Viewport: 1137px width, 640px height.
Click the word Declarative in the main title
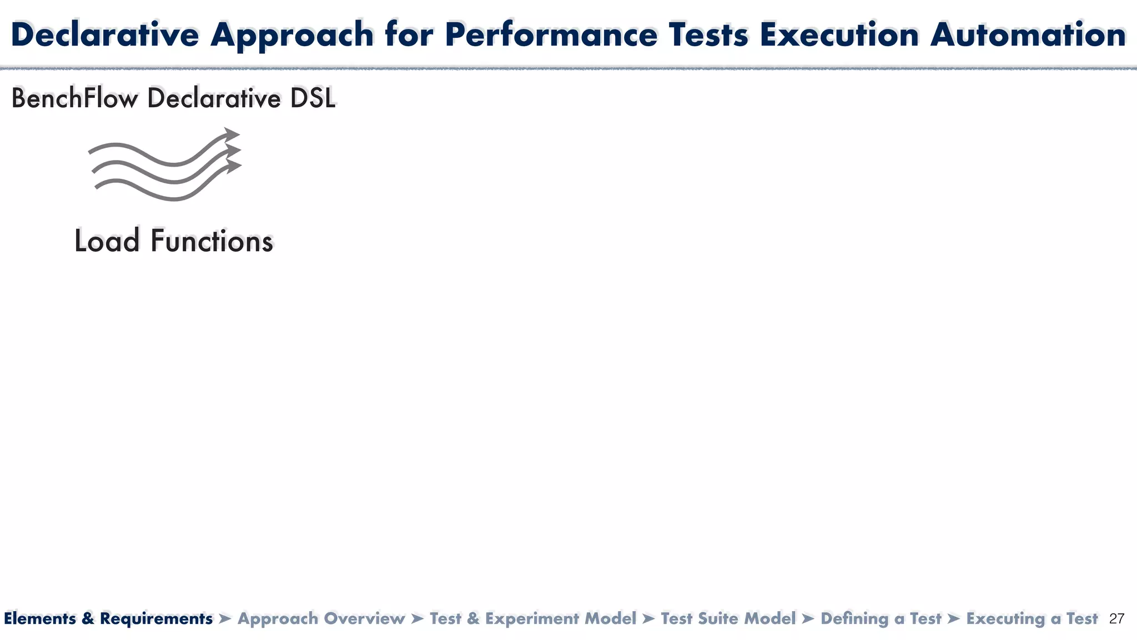coord(105,35)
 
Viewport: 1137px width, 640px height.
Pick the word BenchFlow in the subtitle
coord(74,99)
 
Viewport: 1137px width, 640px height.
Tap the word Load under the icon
coord(107,241)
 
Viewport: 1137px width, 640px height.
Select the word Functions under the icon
coord(212,241)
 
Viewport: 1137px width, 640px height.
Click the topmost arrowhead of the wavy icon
coord(232,134)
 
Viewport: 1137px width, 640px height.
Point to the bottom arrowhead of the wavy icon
coord(234,166)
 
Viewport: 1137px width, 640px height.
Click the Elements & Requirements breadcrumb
coord(108,618)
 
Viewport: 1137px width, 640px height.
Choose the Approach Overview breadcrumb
coord(321,618)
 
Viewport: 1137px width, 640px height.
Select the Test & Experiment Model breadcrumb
coord(533,618)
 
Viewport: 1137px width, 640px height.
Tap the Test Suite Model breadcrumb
coord(728,618)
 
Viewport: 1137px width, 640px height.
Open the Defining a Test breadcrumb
coord(881,618)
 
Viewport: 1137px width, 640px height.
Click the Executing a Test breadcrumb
coord(1032,618)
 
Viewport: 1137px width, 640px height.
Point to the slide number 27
coord(1116,619)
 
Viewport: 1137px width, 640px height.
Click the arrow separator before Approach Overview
coord(225,618)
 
